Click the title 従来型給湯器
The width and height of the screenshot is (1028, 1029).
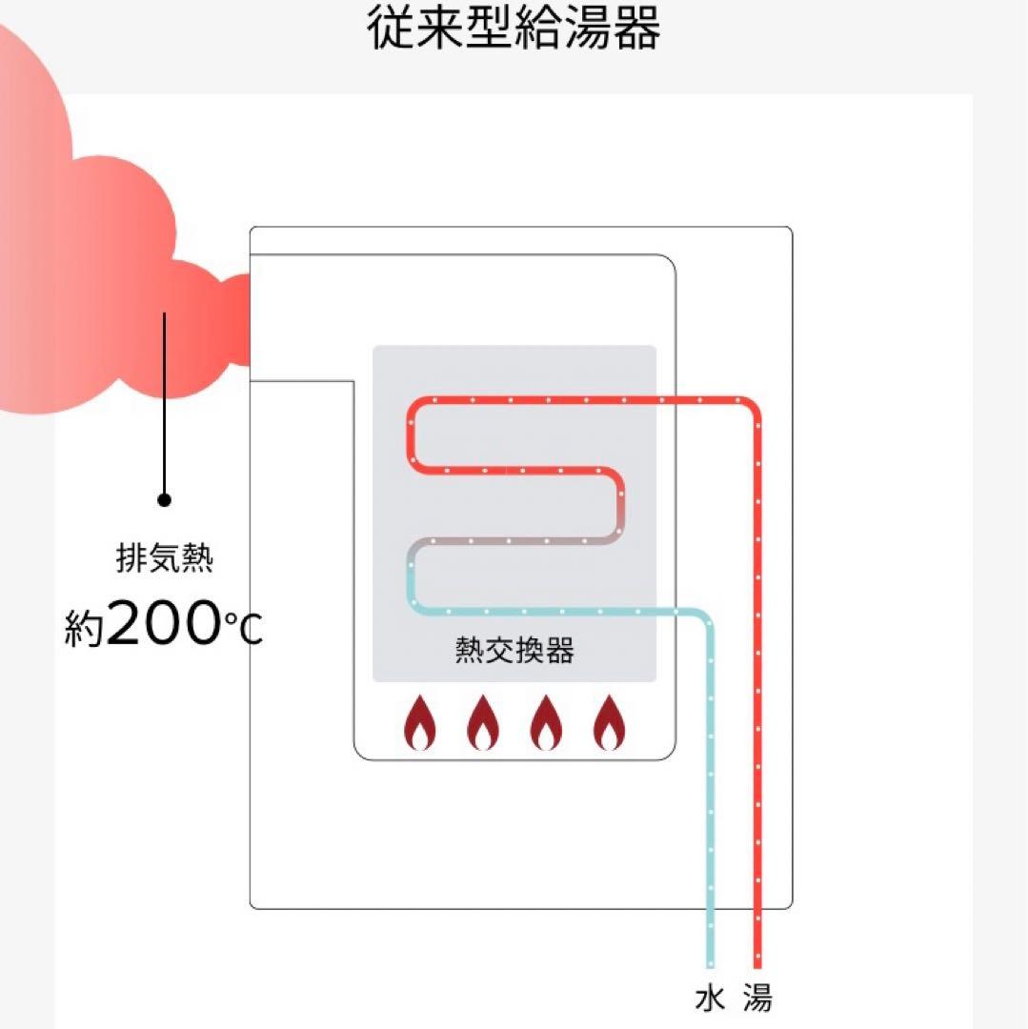pos(514,29)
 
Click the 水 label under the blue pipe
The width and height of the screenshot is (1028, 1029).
pos(710,998)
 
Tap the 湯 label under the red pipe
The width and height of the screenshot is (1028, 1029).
pos(757,998)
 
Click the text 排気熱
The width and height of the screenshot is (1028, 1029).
pos(164,558)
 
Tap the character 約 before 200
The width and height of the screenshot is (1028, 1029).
pos(84,629)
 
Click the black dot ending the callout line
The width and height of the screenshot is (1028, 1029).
pos(164,499)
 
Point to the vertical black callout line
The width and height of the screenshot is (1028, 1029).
pos(164,400)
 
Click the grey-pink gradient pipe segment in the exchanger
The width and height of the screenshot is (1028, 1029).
pos(514,541)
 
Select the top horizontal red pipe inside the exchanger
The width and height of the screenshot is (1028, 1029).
pos(572,399)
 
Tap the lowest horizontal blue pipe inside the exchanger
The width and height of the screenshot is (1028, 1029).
pos(553,611)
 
